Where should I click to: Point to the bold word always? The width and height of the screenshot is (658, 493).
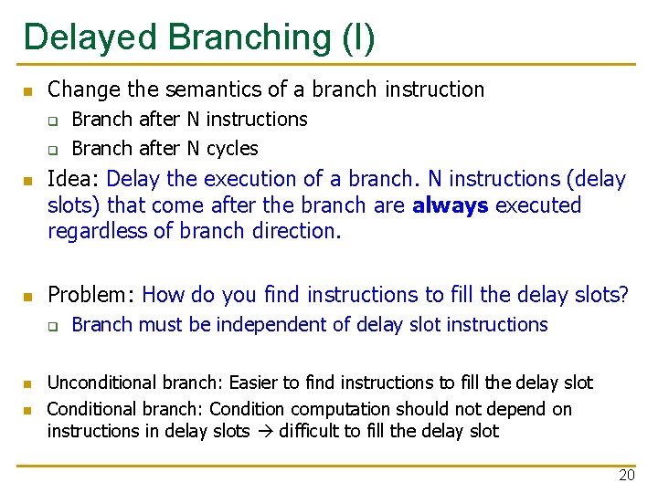coord(451,205)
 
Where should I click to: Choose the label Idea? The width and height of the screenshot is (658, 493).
coord(72,179)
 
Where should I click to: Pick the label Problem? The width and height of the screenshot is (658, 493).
coord(90,294)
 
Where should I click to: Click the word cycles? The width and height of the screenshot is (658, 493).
coord(232,149)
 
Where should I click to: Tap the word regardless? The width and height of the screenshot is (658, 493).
coord(98,231)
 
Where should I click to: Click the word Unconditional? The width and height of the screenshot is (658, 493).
coord(102,383)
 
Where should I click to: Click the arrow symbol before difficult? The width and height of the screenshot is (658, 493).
coord(265,431)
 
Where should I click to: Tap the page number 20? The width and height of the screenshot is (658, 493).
coord(627,475)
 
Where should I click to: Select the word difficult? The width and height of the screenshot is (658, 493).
coord(309,431)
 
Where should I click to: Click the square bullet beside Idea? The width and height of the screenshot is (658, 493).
coord(28,181)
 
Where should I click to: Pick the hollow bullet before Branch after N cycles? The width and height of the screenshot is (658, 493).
coord(53,151)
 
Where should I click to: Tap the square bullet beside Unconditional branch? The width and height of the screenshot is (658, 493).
coord(27,384)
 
